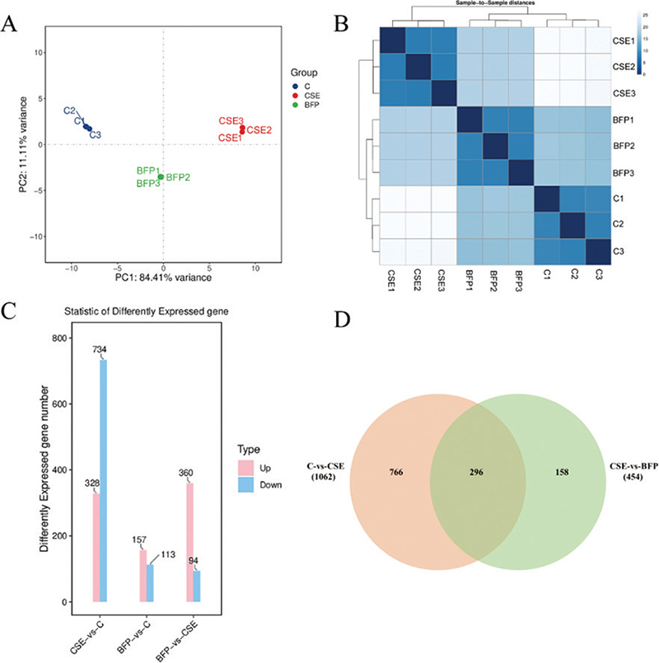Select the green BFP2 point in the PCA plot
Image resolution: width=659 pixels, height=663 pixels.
[161, 176]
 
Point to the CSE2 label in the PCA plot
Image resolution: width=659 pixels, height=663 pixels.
[259, 129]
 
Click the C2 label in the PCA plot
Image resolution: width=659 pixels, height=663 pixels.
[69, 110]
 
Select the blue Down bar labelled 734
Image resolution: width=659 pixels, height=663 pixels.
[103, 481]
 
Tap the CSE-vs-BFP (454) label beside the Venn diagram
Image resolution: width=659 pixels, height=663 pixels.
[624, 468]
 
